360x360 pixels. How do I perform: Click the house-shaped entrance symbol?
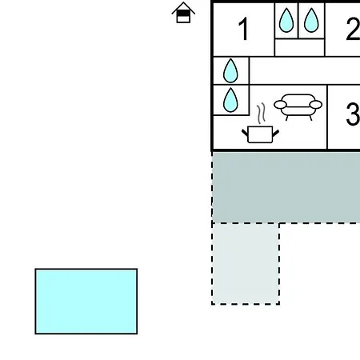point(183,13)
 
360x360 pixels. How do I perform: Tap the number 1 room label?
point(243,29)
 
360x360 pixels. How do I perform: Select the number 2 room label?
point(353,29)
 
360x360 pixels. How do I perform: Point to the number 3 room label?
point(353,114)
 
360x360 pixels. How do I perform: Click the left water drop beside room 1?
point(286,20)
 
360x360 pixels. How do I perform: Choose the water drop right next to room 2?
point(311,20)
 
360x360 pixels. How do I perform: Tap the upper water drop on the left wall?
point(230,70)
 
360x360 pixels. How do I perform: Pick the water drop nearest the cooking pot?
point(230,100)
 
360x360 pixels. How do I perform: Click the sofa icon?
point(298,107)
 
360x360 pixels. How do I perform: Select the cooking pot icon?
point(260,134)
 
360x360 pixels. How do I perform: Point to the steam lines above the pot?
point(261,114)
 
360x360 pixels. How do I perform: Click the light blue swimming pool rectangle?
point(86,301)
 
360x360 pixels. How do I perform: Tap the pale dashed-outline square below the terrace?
point(246,263)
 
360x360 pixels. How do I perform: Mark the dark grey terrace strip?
point(286,187)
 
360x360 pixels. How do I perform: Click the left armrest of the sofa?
point(280,105)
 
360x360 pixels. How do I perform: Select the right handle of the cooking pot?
point(276,133)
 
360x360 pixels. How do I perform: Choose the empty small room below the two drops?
point(299,47)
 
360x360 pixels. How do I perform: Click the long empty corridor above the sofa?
point(305,70)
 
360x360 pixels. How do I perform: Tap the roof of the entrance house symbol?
point(183,8)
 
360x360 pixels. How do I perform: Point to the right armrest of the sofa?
point(316,105)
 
